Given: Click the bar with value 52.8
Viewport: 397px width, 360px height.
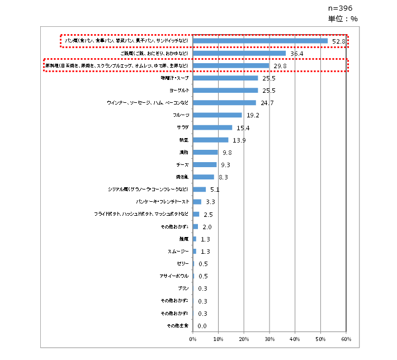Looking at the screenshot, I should pyautogui.click(x=260, y=41).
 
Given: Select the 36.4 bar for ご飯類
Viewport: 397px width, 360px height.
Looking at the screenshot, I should pyautogui.click(x=239, y=53).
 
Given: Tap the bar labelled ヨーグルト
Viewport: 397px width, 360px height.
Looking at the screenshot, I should pyautogui.click(x=225, y=90).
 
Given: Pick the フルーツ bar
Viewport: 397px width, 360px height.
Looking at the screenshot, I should pyautogui.click(x=218, y=115).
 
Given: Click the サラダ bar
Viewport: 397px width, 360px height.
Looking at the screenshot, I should pyautogui.click(x=212, y=127).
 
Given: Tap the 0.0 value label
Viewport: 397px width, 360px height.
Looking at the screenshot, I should pyautogui.click(x=202, y=326).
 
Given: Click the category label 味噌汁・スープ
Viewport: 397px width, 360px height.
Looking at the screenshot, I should pyautogui.click(x=175, y=78).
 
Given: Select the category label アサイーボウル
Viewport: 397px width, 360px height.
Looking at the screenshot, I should pyautogui.click(x=174, y=276).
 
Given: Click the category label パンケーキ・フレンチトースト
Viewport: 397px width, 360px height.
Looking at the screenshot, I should pyautogui.click(x=163, y=202).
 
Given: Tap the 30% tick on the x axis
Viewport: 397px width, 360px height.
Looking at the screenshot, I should pyautogui.click(x=270, y=339).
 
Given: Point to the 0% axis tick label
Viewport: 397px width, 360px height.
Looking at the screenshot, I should pyautogui.click(x=193, y=339).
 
